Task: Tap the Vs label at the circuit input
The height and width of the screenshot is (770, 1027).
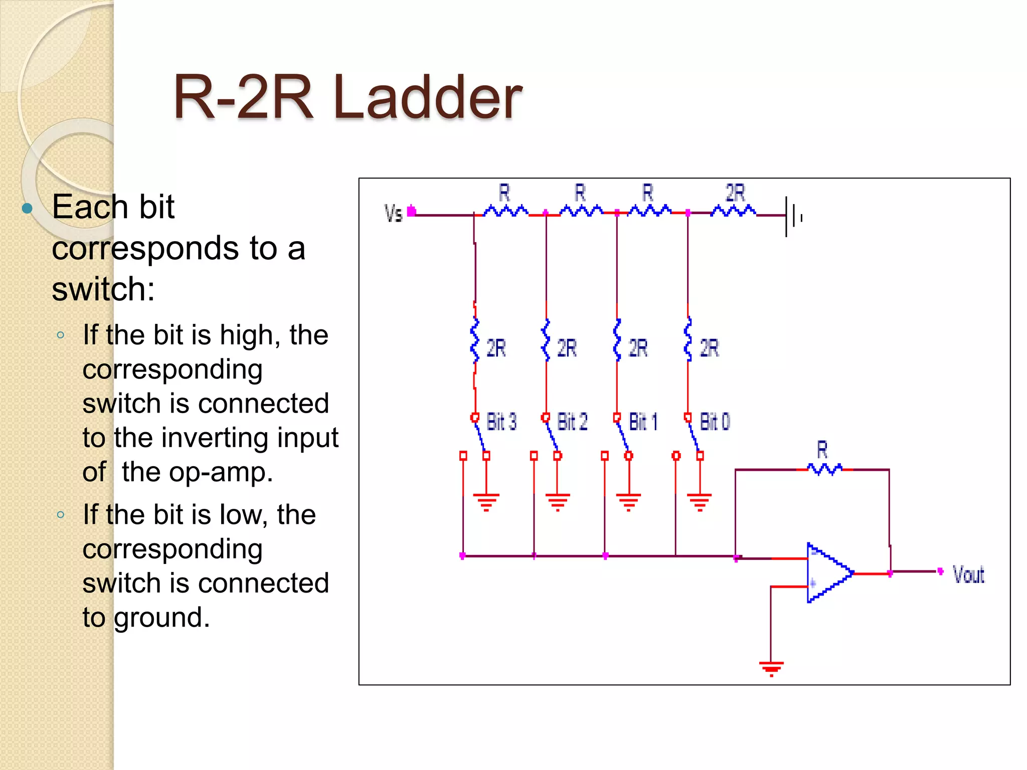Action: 394,214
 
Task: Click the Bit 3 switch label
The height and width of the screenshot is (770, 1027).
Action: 501,422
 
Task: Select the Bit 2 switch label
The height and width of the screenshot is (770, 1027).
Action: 572,422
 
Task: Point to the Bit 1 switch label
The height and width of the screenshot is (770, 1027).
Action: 643,422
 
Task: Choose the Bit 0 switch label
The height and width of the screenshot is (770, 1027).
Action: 715,422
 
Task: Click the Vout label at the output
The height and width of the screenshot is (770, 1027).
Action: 968,574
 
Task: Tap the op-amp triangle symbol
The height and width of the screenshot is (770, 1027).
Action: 827,573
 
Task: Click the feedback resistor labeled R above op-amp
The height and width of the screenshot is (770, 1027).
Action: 824,469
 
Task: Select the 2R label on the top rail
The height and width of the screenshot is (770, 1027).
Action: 736,193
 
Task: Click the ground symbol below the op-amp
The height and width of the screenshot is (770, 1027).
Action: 771,668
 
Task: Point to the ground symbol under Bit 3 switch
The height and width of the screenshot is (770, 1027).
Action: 486,501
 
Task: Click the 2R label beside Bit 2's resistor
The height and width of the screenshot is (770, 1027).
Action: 567,348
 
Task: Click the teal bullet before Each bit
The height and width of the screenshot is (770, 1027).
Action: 28,208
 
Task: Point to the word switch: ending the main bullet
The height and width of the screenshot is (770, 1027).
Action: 103,289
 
